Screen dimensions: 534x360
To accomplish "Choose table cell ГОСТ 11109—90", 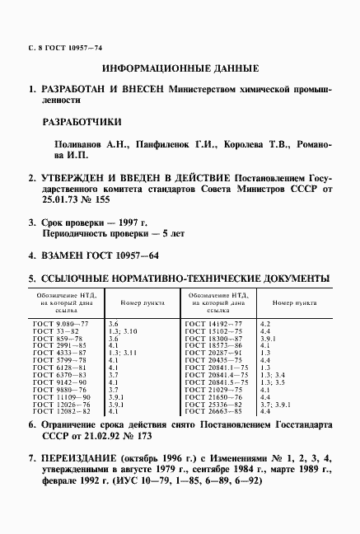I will click(x=57, y=396).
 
